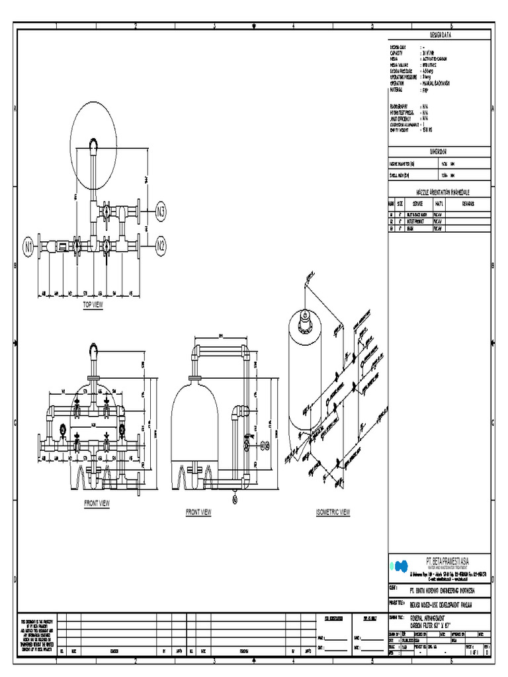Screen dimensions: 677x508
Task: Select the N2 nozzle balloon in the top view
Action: pyautogui.click(x=161, y=246)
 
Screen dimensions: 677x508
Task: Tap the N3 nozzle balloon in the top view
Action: pyautogui.click(x=161, y=212)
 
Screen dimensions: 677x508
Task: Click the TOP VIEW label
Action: pyautogui.click(x=93, y=305)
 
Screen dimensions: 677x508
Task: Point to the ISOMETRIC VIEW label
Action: pyautogui.click(x=333, y=512)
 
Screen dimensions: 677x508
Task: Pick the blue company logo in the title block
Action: pyautogui.click(x=400, y=566)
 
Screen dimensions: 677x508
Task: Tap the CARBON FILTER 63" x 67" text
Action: pyautogui.click(x=430, y=624)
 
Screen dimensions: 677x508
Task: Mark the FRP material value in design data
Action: pyautogui.click(x=425, y=90)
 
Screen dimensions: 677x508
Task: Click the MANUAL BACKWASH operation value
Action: pyautogui.click(x=439, y=85)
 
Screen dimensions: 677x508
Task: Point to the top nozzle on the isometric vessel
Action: pyautogui.click(x=305, y=323)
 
